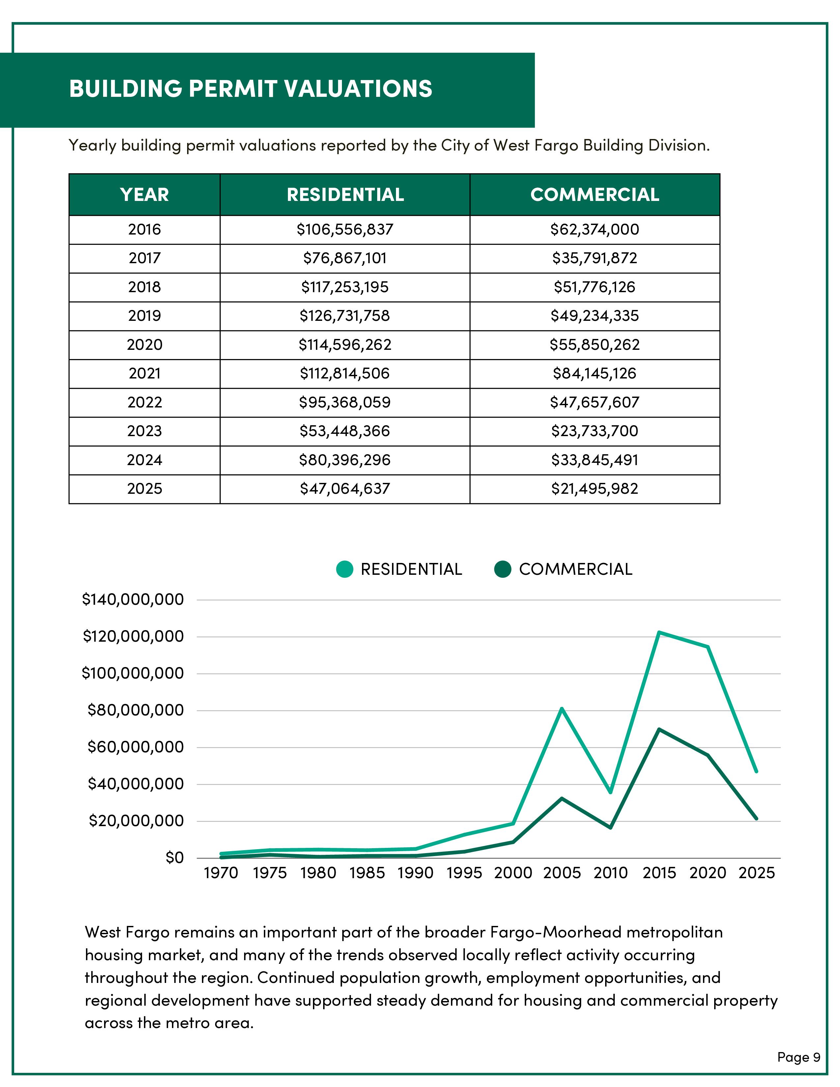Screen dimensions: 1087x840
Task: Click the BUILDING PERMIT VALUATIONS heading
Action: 250,89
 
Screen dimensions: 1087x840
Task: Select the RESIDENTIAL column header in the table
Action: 345,195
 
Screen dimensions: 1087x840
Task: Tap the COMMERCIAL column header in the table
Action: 595,195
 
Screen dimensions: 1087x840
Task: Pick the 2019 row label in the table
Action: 144,316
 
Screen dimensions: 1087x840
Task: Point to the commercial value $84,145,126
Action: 594,373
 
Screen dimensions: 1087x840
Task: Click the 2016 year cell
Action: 144,230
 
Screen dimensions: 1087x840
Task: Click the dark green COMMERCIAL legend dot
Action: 503,569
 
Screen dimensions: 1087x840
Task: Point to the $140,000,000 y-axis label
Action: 133,600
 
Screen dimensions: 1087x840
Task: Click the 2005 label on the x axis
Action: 562,873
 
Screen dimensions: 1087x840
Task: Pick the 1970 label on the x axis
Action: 221,873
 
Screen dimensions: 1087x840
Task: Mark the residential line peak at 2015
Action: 659,632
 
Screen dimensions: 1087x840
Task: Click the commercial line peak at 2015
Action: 659,730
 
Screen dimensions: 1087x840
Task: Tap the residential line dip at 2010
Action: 611,792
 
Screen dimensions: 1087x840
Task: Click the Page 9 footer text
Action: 798,1057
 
